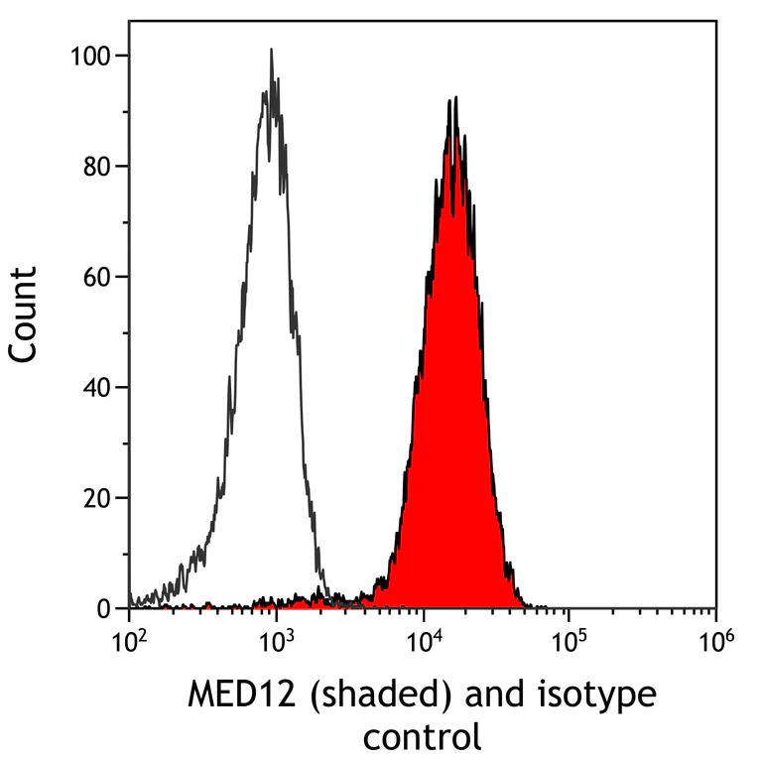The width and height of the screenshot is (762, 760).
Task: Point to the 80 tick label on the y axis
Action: [96, 167]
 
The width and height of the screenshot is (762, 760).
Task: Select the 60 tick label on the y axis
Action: [96, 277]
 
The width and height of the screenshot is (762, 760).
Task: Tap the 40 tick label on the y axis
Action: [96, 387]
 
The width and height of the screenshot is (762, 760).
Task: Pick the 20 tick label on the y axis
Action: [96, 498]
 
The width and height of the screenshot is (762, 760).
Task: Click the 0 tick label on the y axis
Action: [103, 608]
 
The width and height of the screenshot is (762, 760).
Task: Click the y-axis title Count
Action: [24, 313]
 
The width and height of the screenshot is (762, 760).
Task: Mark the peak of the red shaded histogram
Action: [452, 99]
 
